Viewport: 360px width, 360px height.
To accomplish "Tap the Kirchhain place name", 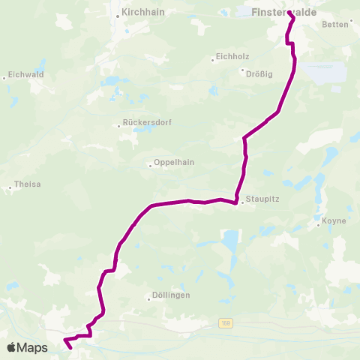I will pos(145,13).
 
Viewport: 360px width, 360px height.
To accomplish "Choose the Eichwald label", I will pos(25,75).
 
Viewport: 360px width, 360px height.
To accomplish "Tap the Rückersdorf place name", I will pos(144,124).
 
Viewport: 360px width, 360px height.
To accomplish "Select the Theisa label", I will pos(28,185).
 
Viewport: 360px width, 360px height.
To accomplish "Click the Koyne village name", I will pos(332,222).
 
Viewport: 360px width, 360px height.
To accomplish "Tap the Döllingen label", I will pos(169,295).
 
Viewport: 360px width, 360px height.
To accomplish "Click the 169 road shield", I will pos(225,323).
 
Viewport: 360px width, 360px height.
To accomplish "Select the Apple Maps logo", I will pos(27,347).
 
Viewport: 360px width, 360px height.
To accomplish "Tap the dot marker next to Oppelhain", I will pos(151,165).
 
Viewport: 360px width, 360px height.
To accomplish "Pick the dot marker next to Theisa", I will pos(9,187).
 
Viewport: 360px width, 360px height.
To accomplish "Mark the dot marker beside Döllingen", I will pos(149,298).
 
